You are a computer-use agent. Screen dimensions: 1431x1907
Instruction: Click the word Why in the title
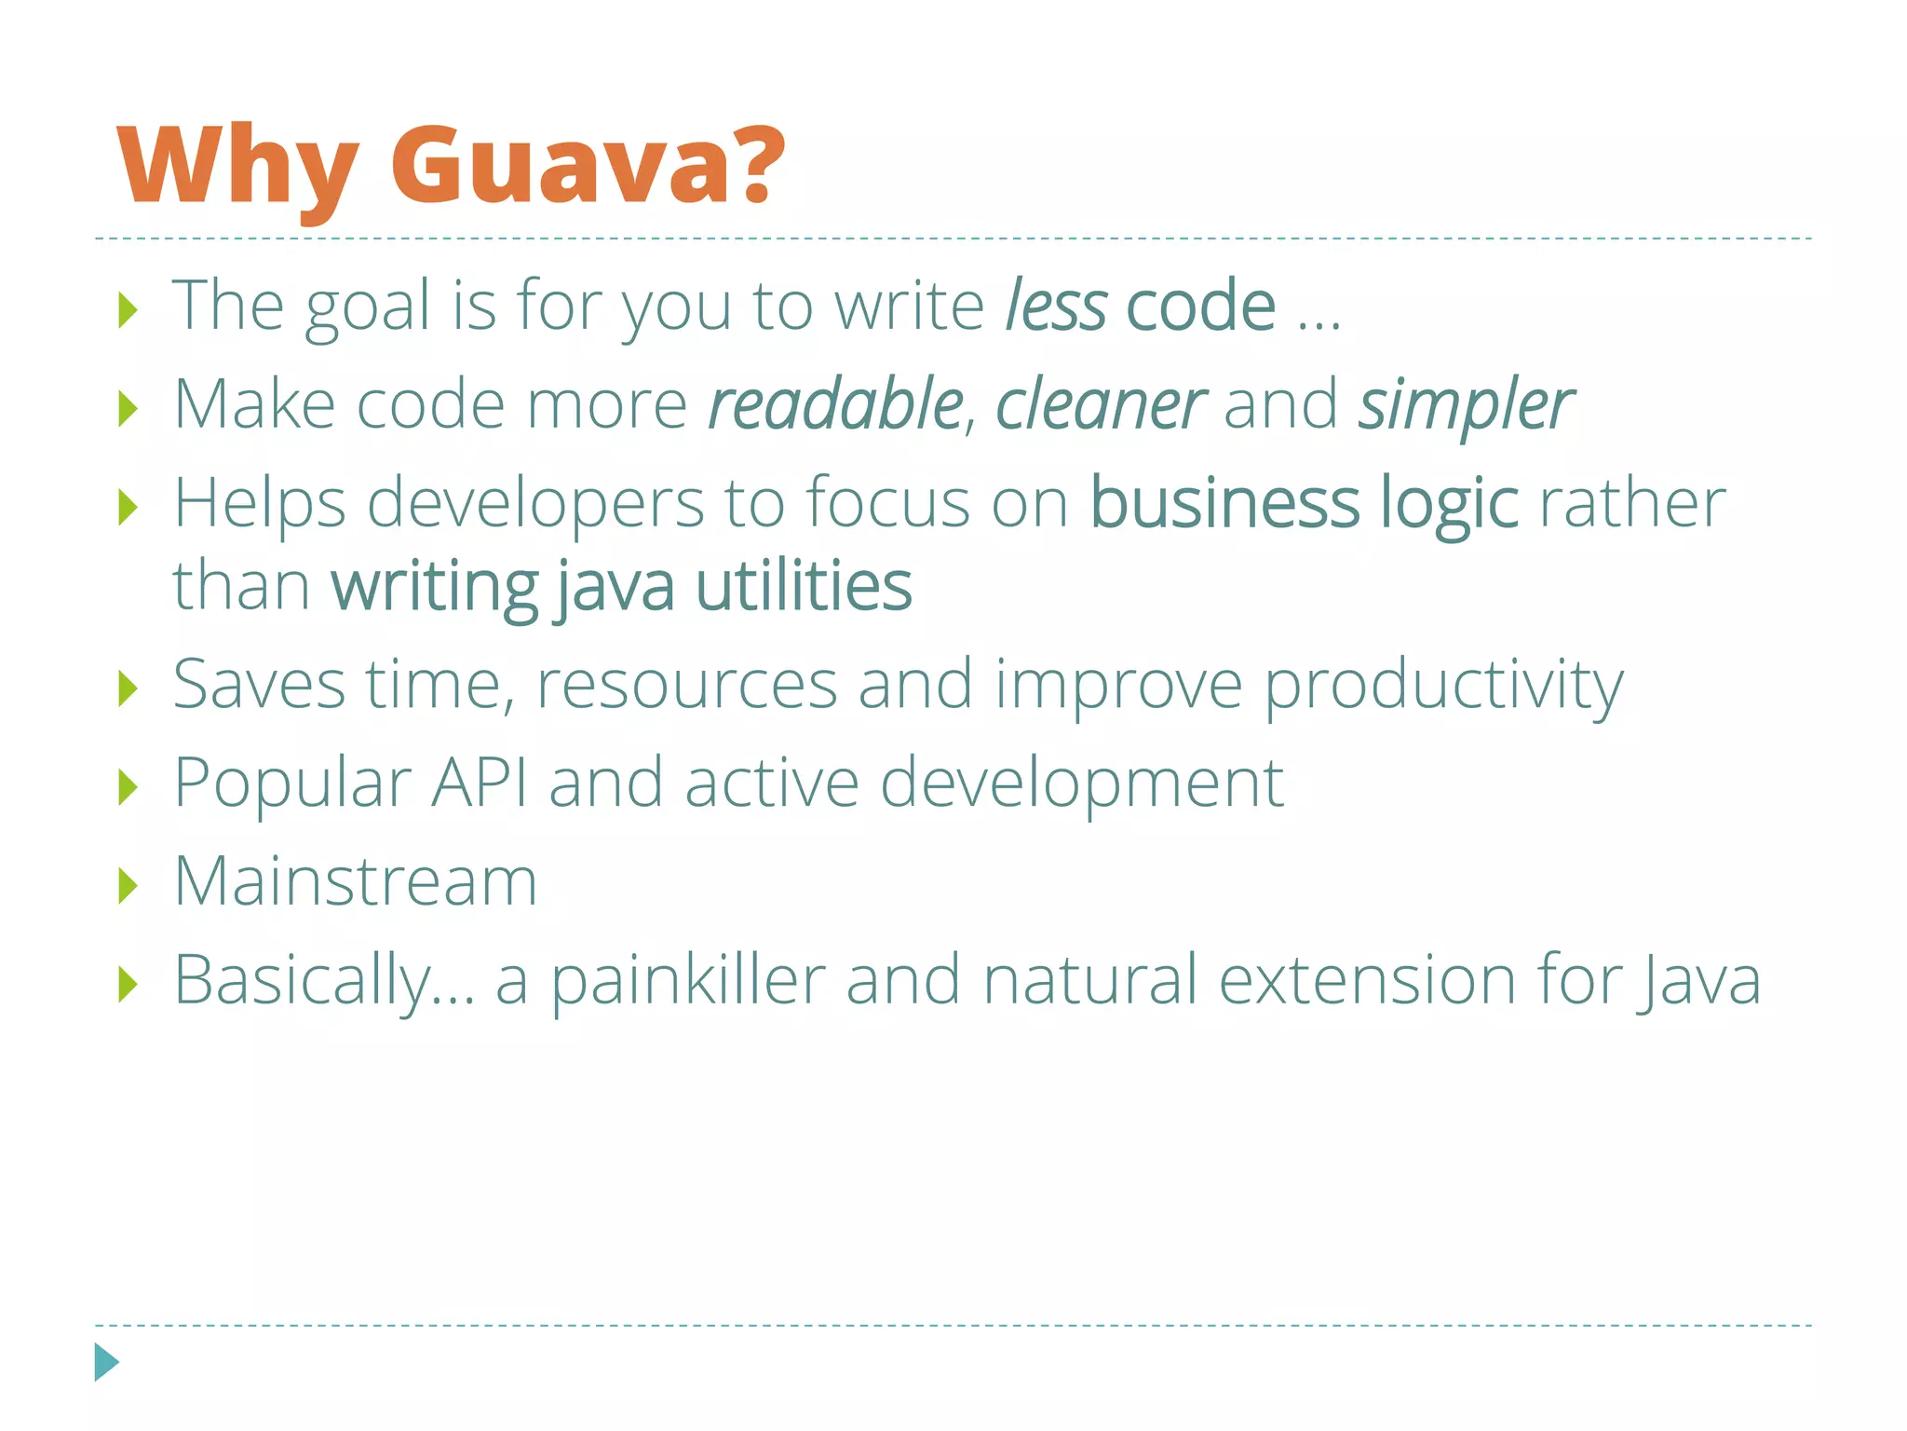(238, 168)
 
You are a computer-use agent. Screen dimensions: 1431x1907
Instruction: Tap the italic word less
(1056, 306)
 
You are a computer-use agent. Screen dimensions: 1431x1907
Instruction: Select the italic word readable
(835, 404)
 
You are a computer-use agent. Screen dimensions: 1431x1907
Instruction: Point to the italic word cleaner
(1101, 404)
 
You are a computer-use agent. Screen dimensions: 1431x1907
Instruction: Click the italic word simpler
(1466, 406)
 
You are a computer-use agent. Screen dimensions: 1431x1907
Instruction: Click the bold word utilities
(804, 586)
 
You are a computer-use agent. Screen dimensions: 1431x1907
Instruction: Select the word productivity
(1443, 686)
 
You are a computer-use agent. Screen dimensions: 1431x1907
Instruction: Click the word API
(479, 783)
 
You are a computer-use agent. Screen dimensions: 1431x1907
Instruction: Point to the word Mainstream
(356, 881)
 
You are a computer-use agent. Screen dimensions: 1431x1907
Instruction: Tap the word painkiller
(688, 980)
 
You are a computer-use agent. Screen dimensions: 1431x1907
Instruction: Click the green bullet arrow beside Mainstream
(128, 886)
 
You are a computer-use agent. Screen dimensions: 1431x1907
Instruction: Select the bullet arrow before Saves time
(128, 689)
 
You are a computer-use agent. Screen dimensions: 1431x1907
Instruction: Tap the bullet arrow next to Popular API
(128, 787)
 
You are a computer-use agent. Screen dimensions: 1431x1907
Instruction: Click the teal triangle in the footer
(106, 1362)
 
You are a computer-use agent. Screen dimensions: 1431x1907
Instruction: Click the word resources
(686, 686)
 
